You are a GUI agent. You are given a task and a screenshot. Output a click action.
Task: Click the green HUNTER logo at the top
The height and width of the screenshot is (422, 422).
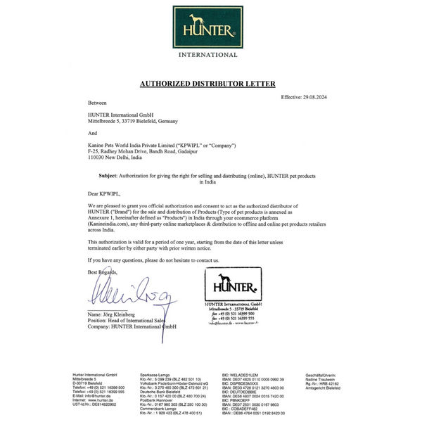coord(207,27)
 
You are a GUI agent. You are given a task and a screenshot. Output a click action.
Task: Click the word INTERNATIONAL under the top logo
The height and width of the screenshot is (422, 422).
coord(207,54)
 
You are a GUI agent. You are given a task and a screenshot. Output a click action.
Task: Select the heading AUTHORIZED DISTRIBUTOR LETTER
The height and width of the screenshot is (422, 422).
coord(207,84)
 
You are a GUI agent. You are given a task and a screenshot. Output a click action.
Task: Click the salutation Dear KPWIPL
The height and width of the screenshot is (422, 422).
coord(105,192)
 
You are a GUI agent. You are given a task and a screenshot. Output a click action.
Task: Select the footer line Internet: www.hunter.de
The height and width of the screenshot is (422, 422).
coord(92,400)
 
